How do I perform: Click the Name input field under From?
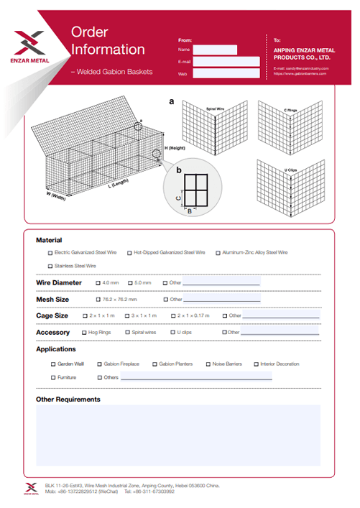(215, 50)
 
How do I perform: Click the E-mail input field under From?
(226, 62)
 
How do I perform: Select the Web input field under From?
(226, 73)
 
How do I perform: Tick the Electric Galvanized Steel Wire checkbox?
(50, 253)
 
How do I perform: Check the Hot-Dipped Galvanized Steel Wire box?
(129, 253)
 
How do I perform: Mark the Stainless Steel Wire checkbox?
(50, 266)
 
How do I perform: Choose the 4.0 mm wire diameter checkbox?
(98, 283)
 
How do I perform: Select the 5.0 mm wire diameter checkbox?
(130, 283)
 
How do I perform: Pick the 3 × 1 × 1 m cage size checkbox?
(126, 315)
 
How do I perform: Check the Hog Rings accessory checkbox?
(83, 333)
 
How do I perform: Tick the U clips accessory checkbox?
(172, 333)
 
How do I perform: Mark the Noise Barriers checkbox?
(208, 364)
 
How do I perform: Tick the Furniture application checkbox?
(53, 377)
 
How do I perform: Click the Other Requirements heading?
(68, 400)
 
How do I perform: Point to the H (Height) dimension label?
(175, 147)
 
